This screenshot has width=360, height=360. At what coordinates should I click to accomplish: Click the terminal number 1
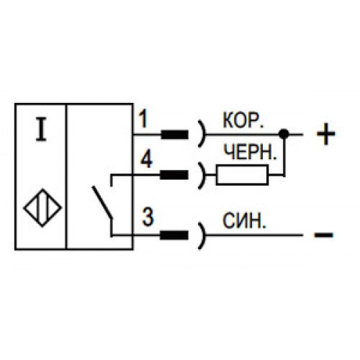click(143, 118)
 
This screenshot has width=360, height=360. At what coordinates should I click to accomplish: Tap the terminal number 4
click(146, 160)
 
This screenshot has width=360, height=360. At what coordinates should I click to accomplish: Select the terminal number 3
click(148, 217)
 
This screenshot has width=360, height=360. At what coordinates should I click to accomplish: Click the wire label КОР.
click(243, 120)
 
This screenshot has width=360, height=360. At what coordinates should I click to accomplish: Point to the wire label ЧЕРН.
click(251, 152)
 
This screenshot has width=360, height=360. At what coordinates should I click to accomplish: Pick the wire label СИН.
click(244, 220)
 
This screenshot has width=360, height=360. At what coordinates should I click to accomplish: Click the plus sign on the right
click(325, 134)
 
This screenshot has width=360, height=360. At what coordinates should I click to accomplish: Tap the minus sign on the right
click(323, 235)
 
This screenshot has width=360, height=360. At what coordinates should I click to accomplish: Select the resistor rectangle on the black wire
click(242, 175)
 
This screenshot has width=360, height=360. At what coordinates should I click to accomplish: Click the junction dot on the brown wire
click(284, 134)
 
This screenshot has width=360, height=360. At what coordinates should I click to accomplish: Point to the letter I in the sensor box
click(41, 129)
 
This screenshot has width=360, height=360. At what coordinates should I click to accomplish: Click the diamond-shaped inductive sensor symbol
click(42, 208)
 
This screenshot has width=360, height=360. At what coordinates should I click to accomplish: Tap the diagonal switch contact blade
click(102, 202)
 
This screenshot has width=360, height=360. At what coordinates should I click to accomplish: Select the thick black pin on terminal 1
click(174, 135)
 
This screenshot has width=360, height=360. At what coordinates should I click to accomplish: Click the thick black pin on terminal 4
click(174, 175)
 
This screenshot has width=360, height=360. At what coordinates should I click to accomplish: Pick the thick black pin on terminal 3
click(174, 235)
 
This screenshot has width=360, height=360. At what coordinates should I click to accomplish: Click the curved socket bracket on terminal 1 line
click(203, 134)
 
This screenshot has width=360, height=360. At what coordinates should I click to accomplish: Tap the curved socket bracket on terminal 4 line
click(203, 175)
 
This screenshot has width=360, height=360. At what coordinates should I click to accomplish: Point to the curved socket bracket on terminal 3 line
click(203, 235)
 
